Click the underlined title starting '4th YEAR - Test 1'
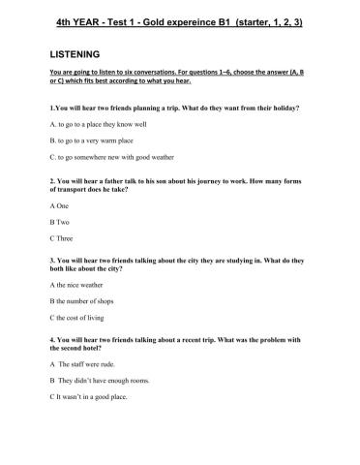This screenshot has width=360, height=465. (179, 21)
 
